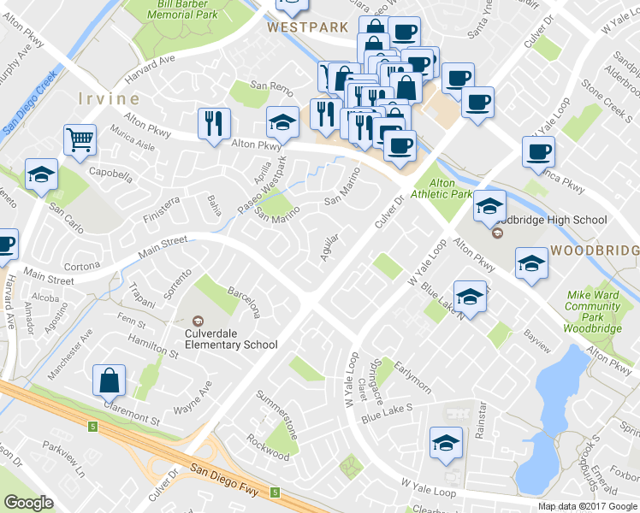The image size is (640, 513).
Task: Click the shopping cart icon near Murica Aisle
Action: point(79,139)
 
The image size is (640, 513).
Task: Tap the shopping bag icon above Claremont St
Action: point(110,380)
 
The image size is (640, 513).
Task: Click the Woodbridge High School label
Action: point(551,220)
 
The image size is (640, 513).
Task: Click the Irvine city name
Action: point(109,97)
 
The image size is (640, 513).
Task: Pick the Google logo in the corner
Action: point(29,503)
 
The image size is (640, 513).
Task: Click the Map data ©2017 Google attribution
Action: point(587,506)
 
